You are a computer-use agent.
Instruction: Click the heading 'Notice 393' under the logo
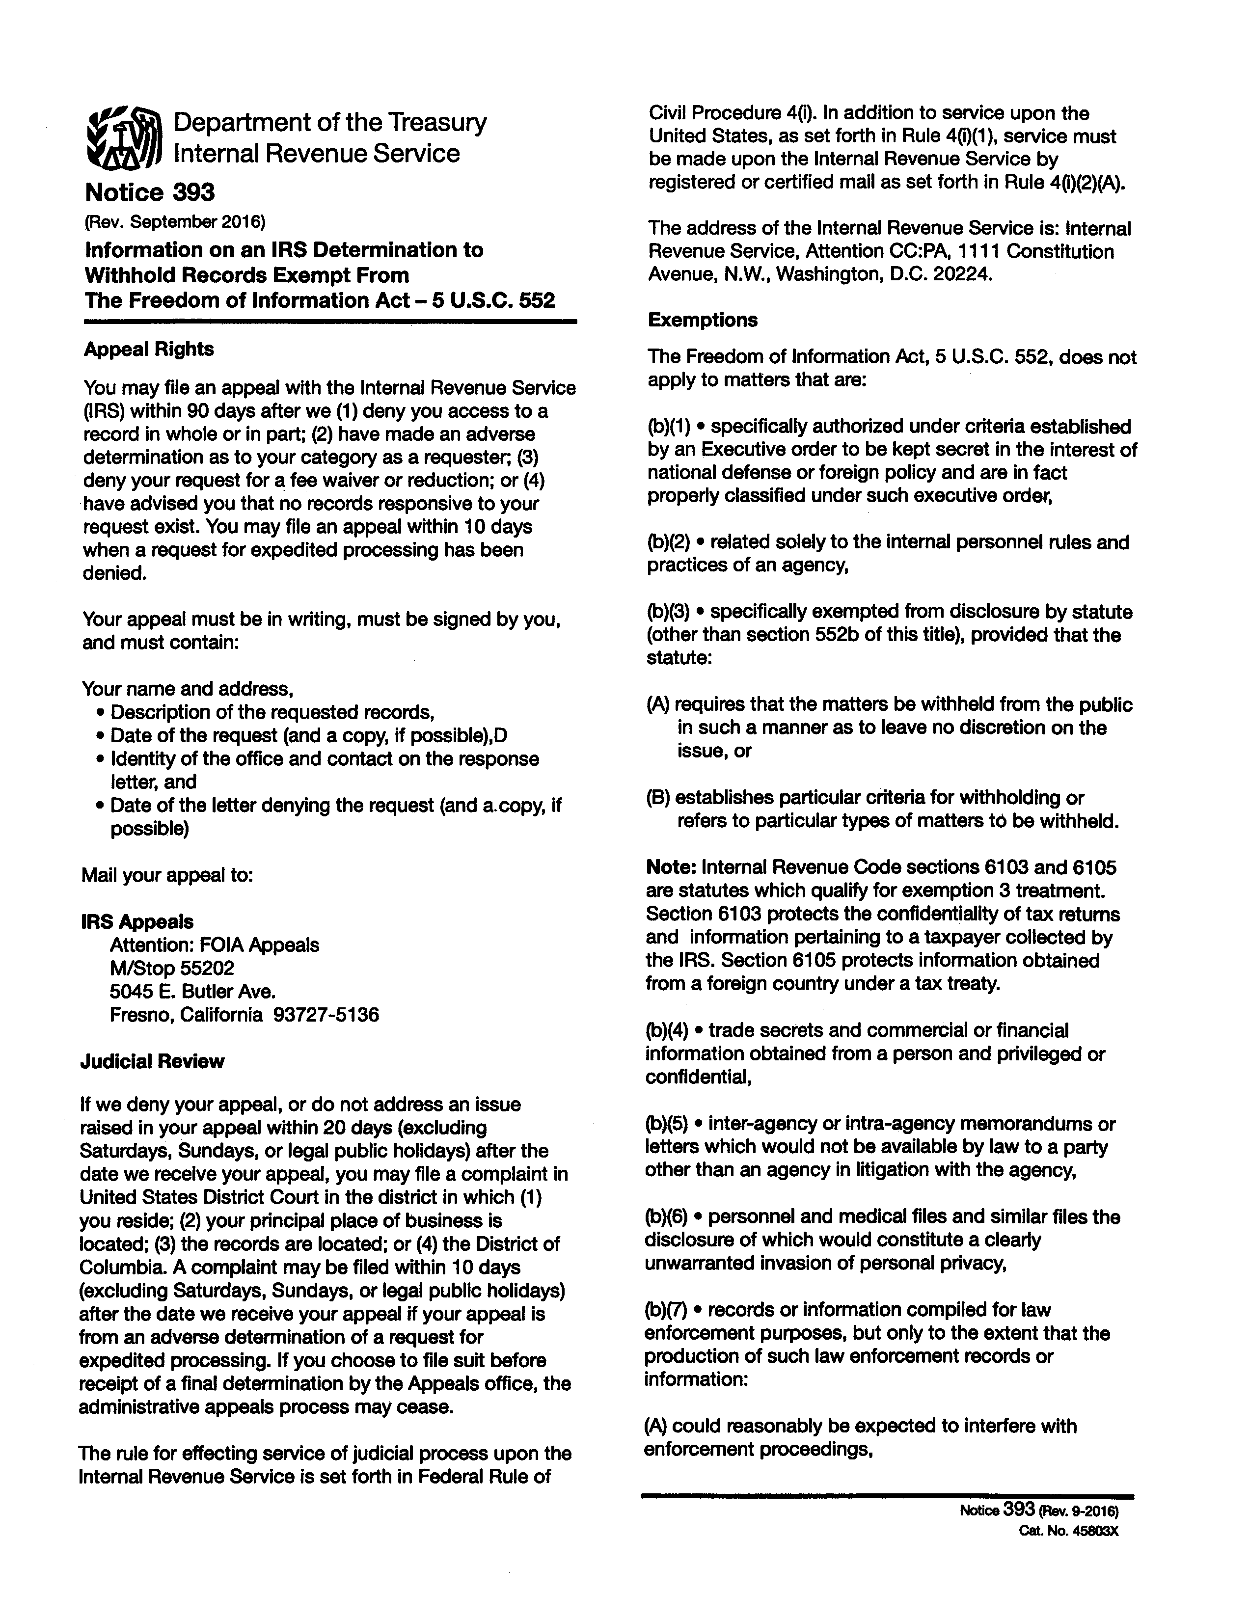(x=150, y=193)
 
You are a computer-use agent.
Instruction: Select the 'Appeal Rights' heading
(x=148, y=349)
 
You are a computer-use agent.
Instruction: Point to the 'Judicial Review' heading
(x=152, y=1061)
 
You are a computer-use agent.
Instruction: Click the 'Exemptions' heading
(x=703, y=320)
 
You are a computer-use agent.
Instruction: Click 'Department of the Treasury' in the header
(x=330, y=122)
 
